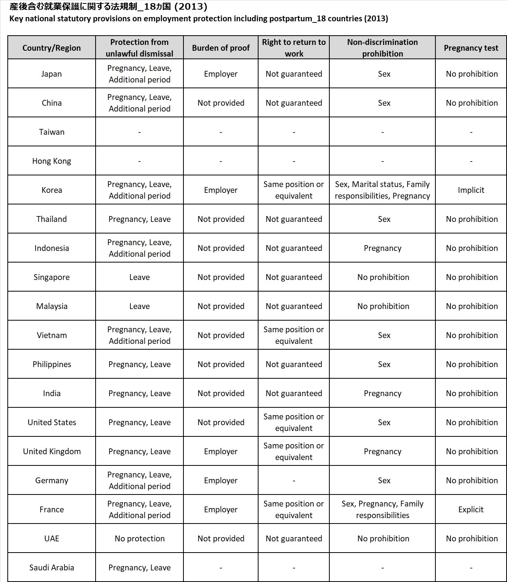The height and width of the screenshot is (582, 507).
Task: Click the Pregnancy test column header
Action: pyautogui.click(x=471, y=48)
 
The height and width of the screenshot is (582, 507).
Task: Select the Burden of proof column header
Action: pyautogui.click(x=221, y=48)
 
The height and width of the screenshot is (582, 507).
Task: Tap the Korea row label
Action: pyautogui.click(x=51, y=190)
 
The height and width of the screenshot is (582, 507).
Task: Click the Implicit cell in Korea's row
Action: pyautogui.click(x=471, y=190)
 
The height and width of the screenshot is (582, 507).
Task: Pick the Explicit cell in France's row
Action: pyautogui.click(x=471, y=510)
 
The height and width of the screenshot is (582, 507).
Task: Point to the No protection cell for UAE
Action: pyautogui.click(x=139, y=539)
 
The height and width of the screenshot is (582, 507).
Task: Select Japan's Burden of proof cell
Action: pyautogui.click(x=221, y=74)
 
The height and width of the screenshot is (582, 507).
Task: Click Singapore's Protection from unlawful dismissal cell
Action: pyautogui.click(x=139, y=277)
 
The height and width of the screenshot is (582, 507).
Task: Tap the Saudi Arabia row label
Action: pyautogui.click(x=51, y=568)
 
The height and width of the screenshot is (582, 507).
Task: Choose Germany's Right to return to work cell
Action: pyautogui.click(x=294, y=481)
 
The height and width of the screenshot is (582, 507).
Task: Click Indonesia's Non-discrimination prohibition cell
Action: pyautogui.click(x=382, y=248)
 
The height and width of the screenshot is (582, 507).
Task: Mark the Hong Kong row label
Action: pyautogui.click(x=51, y=161)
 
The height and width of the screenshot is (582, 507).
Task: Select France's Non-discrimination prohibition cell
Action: pyautogui.click(x=382, y=510)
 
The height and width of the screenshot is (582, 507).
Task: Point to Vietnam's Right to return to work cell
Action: pyautogui.click(x=294, y=335)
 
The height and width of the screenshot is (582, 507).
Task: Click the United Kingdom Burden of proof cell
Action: pyautogui.click(x=221, y=452)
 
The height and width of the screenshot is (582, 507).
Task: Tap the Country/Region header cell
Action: pyautogui.click(x=51, y=48)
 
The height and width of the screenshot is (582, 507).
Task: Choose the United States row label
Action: pyautogui.click(x=51, y=422)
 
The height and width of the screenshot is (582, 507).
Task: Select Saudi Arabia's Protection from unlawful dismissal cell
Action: pyautogui.click(x=139, y=568)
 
